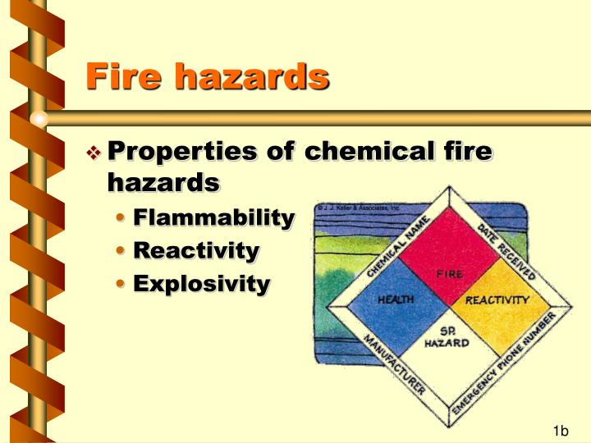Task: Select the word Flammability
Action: pyautogui.click(x=213, y=217)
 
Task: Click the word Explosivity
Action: pyautogui.click(x=201, y=283)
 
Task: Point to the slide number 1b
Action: pyautogui.click(x=561, y=431)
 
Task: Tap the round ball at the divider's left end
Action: pyautogui.click(x=39, y=118)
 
